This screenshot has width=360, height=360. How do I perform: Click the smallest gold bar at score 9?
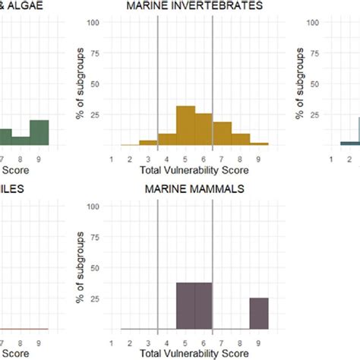pyautogui.click(x=259, y=143)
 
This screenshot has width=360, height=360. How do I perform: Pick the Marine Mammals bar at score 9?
pyautogui.click(x=259, y=314)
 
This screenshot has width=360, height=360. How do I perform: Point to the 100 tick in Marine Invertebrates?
pyautogui.click(x=94, y=22)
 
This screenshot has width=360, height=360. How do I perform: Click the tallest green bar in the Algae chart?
pyautogui.click(x=39, y=132)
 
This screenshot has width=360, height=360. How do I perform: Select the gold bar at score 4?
pyautogui.click(x=167, y=139)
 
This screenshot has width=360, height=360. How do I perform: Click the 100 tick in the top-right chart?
pyautogui.click(x=311, y=22)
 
